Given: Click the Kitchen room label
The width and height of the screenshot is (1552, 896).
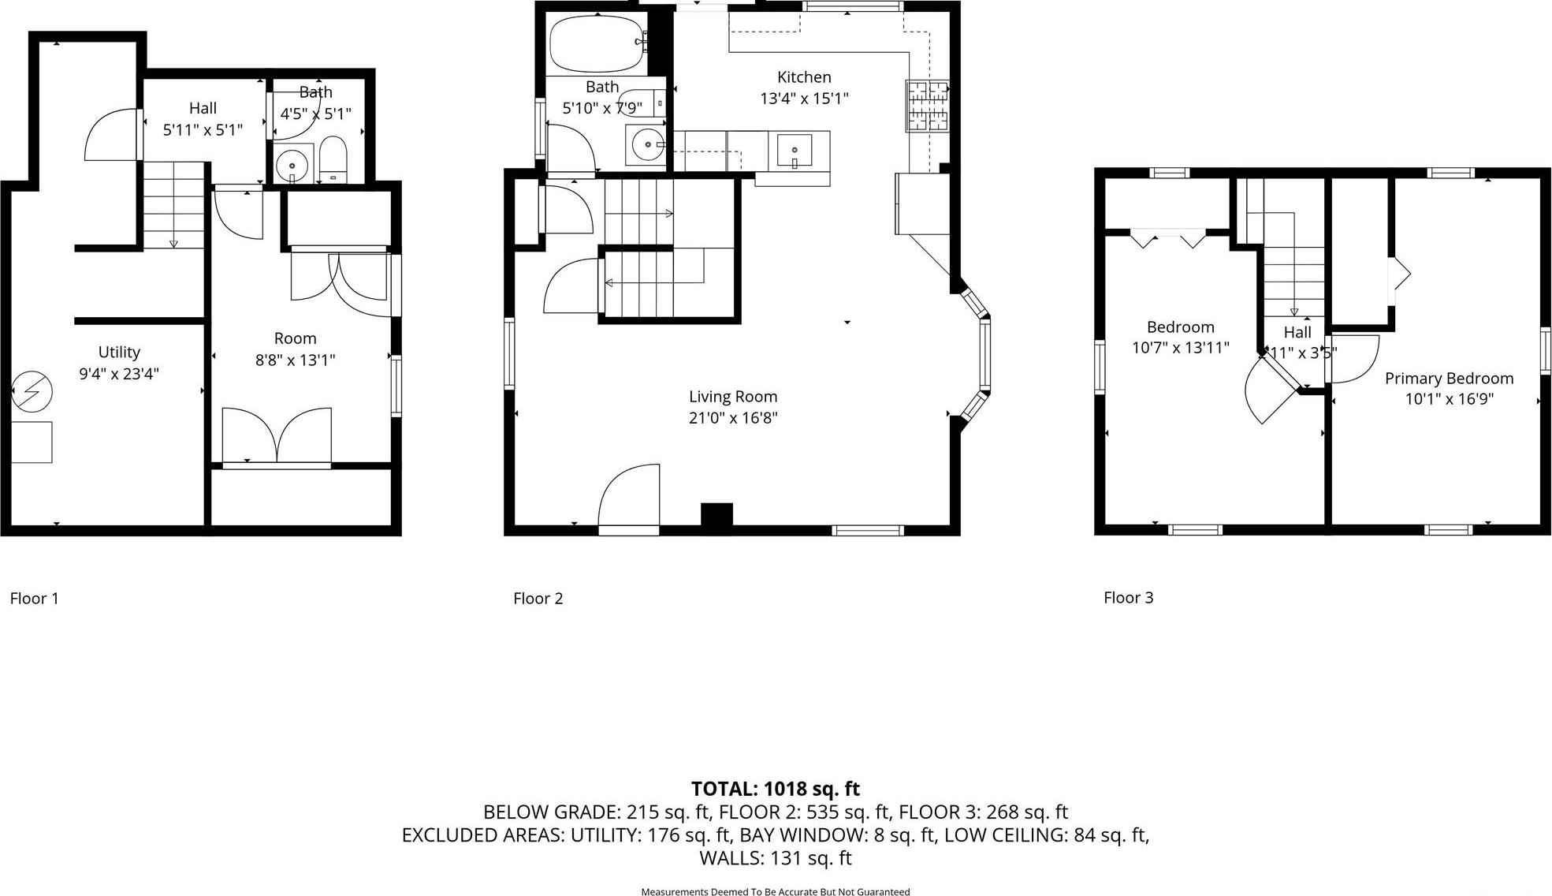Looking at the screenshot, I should tap(803, 77).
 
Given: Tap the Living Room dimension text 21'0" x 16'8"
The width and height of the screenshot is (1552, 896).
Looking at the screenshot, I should tap(732, 418).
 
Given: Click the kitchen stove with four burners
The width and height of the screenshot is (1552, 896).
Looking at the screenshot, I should tap(928, 106).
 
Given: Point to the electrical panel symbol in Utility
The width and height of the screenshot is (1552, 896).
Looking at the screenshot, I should tap(32, 392).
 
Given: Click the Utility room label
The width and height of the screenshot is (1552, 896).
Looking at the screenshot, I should tap(119, 353).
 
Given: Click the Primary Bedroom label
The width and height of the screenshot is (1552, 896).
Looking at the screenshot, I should tap(1449, 379).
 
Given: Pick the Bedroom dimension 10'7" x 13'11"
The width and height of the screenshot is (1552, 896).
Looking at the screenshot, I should tap(1180, 348).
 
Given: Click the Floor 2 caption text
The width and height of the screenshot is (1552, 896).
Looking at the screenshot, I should tap(538, 599).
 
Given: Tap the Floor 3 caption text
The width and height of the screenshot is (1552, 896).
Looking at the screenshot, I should tap(1128, 598).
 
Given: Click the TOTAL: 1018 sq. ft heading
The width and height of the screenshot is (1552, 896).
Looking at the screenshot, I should tap(775, 789).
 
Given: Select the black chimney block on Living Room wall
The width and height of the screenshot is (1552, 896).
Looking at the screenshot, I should tap(716, 514).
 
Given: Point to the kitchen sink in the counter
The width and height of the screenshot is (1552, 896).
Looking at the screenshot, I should tap(795, 150).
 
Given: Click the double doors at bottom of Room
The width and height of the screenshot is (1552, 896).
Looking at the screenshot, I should tap(277, 436).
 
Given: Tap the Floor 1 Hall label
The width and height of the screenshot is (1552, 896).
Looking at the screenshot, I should tap(203, 109).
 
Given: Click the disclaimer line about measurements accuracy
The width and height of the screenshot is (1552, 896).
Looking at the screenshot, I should tap(775, 891).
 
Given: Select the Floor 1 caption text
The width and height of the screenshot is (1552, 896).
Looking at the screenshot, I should tap(34, 599).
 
